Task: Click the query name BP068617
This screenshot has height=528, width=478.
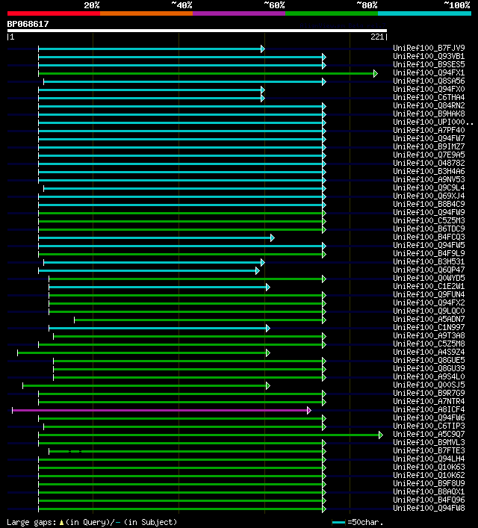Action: [28, 24]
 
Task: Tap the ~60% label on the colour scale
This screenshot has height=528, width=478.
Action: [274, 5]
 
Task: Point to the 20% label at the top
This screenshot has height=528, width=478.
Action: [92, 5]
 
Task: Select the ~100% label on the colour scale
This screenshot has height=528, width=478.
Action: [456, 5]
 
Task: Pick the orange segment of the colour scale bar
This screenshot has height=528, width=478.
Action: [146, 13]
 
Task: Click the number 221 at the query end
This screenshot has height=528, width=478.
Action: [377, 37]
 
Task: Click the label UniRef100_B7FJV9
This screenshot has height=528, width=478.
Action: [429, 49]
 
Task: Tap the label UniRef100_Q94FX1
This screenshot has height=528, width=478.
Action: [429, 73]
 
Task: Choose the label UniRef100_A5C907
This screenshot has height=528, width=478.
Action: [429, 435]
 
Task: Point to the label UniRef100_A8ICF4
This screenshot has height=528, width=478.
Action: [429, 410]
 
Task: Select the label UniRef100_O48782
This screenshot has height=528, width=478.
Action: [429, 164]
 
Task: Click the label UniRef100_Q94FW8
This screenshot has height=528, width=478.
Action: [429, 509]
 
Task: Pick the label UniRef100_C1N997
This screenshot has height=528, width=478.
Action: [429, 328]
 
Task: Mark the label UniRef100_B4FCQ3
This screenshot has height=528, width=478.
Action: [429, 237]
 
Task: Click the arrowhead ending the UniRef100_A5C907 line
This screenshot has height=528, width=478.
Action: [381, 435]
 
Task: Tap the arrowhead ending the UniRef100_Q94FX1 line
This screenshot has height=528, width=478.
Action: [376, 73]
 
